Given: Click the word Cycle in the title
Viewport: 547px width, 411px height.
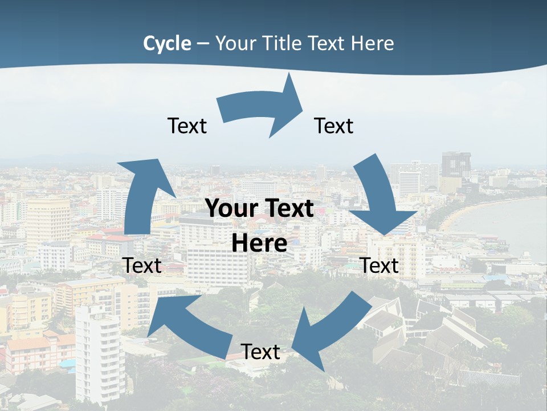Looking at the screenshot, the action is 167,43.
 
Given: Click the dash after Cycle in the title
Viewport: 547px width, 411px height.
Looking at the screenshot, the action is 203,44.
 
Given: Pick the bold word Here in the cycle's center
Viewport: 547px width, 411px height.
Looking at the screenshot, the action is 259,244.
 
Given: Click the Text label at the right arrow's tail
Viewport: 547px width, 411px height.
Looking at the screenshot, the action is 187,126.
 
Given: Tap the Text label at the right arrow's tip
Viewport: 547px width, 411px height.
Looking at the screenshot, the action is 334,126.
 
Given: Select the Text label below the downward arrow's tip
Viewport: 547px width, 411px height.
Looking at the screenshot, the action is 379,265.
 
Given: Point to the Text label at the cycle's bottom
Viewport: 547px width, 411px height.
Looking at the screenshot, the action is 260,352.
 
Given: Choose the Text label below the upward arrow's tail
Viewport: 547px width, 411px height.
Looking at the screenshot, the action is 142,265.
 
